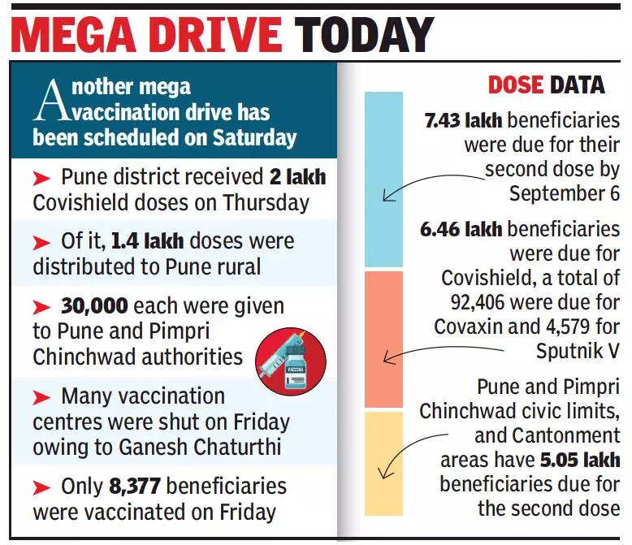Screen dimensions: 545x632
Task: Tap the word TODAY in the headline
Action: [x=363, y=37]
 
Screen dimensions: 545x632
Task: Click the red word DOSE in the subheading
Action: [x=516, y=84]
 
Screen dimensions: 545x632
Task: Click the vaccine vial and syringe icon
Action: [x=290, y=359]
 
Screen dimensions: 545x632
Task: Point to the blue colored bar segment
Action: [x=383, y=179]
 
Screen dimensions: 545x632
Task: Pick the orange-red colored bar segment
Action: [x=383, y=339]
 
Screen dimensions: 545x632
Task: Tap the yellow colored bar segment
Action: [x=383, y=463]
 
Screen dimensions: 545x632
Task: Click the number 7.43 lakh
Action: [x=463, y=121]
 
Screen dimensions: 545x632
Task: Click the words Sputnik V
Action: [x=578, y=351]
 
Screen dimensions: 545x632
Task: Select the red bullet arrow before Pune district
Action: [x=41, y=176]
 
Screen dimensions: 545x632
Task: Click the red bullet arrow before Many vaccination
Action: [x=41, y=397]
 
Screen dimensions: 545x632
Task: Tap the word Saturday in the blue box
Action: [x=254, y=138]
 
